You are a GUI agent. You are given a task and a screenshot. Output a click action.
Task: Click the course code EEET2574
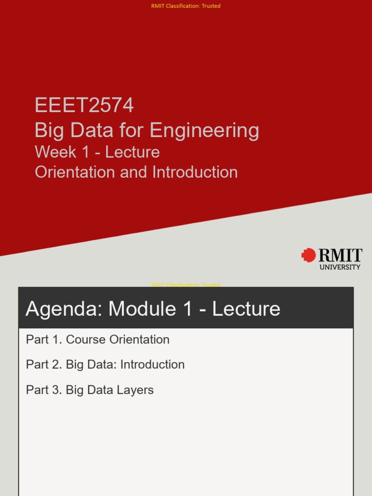point(84,105)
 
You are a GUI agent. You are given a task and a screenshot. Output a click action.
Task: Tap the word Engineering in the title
point(204,131)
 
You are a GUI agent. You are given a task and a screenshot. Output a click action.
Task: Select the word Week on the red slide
point(55,152)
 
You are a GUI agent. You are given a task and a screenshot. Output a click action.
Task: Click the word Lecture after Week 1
point(132,152)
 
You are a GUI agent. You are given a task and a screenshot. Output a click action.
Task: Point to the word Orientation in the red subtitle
point(75,172)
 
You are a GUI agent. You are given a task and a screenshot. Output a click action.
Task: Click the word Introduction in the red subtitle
point(195,172)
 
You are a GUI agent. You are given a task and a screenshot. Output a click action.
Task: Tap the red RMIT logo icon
point(308,255)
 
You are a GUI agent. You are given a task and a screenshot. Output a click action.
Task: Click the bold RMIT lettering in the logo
point(340,255)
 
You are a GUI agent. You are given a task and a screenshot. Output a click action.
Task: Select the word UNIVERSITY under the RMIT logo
point(340,267)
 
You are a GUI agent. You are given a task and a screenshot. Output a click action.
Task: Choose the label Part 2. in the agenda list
point(44,365)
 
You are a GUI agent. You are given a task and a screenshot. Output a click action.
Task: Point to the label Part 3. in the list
point(44,390)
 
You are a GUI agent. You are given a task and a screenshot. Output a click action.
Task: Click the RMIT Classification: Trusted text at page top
point(186,6)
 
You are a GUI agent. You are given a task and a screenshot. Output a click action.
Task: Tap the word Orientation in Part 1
point(139,340)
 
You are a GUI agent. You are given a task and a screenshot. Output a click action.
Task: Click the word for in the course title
point(132,131)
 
